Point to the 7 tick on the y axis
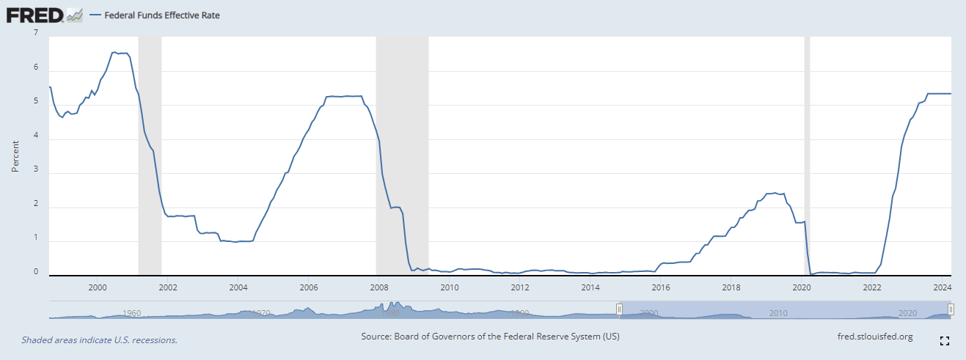36,32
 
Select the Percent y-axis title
15,155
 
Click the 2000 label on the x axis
98,287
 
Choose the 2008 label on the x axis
378,287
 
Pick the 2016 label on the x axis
661,287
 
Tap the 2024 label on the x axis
942,287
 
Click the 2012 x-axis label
520,287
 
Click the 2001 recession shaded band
150,155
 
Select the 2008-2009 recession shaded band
402,155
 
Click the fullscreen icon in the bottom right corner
945,341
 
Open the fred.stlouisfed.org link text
874,337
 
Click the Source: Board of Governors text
490,337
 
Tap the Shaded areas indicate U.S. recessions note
99,340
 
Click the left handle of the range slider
619,310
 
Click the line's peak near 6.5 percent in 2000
114,52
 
